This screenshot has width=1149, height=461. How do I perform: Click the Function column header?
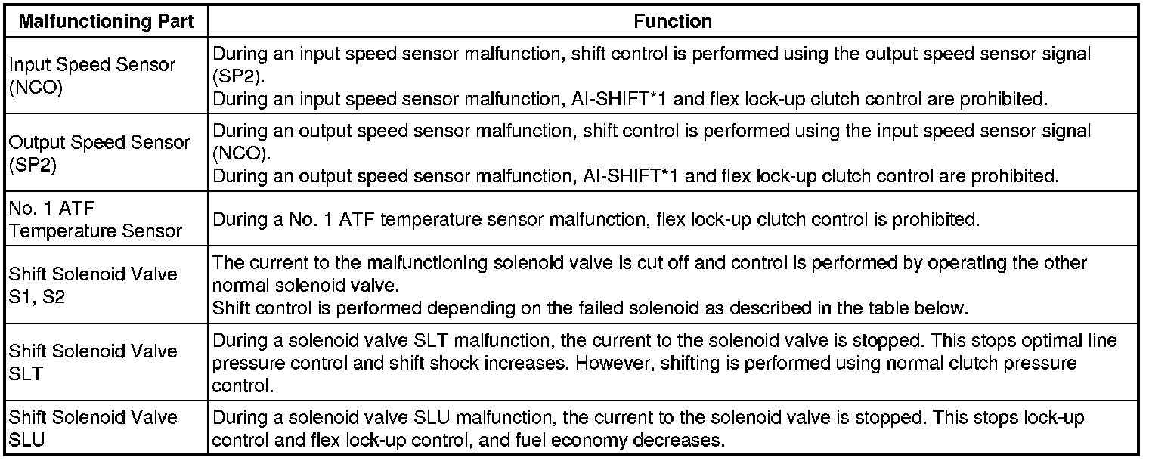pos(673,21)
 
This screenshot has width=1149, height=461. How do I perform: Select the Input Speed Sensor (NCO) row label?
pos(92,76)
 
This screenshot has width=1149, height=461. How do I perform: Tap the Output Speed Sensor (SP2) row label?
pos(99,153)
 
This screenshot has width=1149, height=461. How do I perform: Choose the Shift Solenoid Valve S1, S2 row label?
pos(93,285)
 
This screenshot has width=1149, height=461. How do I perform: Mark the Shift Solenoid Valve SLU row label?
pos(93,429)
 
